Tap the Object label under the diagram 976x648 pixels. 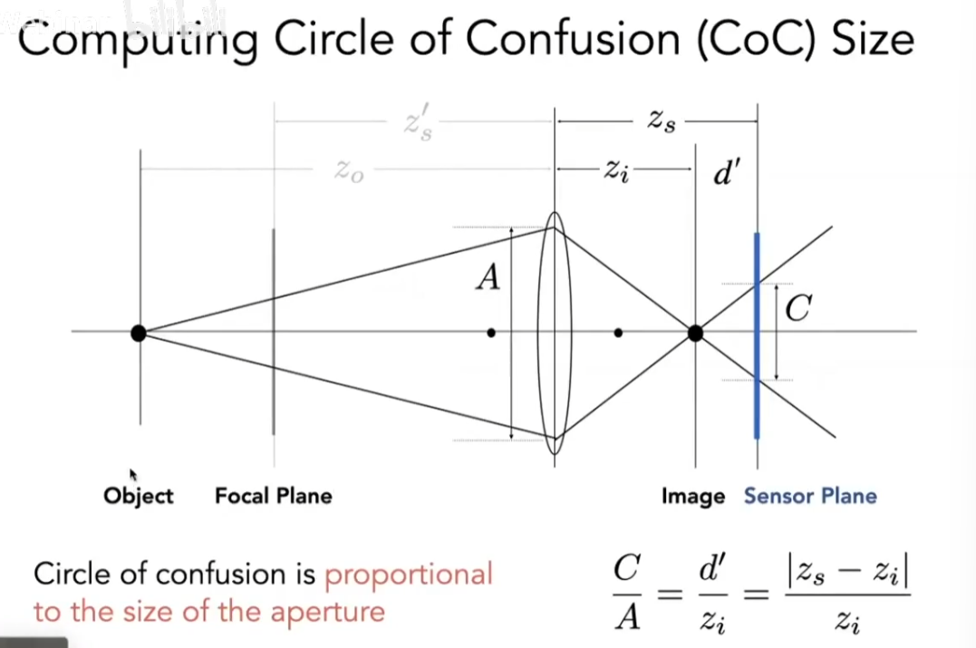(x=138, y=496)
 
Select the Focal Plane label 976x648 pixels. (x=273, y=496)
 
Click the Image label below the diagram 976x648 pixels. (x=692, y=496)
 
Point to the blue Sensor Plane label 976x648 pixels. (x=810, y=496)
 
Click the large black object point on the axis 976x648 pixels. (x=139, y=333)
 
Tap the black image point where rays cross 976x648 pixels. (x=695, y=333)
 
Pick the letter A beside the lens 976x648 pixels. (x=488, y=277)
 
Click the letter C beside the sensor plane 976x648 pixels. (x=797, y=311)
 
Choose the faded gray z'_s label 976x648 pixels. (x=418, y=126)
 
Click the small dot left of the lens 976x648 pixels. (x=491, y=333)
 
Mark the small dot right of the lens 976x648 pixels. (x=618, y=333)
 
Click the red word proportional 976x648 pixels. (x=409, y=574)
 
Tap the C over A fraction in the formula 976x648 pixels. (x=626, y=595)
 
